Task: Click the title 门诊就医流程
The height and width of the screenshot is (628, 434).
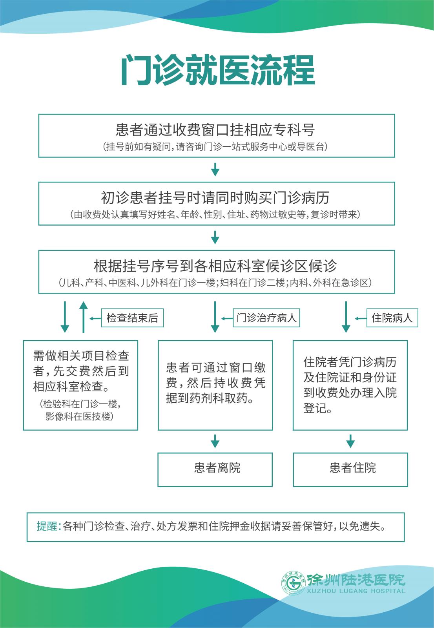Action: point(218,70)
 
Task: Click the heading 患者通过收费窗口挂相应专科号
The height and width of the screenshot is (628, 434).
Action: point(215,130)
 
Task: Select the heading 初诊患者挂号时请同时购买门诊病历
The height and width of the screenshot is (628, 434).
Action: point(215,198)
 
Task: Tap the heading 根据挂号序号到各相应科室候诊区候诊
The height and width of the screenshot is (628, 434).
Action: point(215,266)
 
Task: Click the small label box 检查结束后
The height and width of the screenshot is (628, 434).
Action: point(132,318)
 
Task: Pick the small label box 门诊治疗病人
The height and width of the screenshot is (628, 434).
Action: point(266,318)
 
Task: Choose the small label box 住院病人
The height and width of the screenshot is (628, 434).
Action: point(392,318)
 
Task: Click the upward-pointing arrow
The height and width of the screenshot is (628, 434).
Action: point(83,317)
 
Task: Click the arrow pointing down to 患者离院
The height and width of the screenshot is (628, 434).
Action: point(215,441)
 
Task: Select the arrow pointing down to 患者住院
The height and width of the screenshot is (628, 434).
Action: point(350,441)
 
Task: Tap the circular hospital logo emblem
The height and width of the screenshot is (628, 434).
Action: point(294,583)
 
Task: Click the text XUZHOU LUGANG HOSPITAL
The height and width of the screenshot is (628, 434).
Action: point(356,591)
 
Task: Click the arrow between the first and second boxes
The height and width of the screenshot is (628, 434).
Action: point(215,169)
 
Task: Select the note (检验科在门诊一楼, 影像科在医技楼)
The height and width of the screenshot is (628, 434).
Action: point(80,410)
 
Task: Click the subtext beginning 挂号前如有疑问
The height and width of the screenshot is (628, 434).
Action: point(215,146)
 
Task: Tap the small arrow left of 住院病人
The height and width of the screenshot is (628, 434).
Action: point(361,318)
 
